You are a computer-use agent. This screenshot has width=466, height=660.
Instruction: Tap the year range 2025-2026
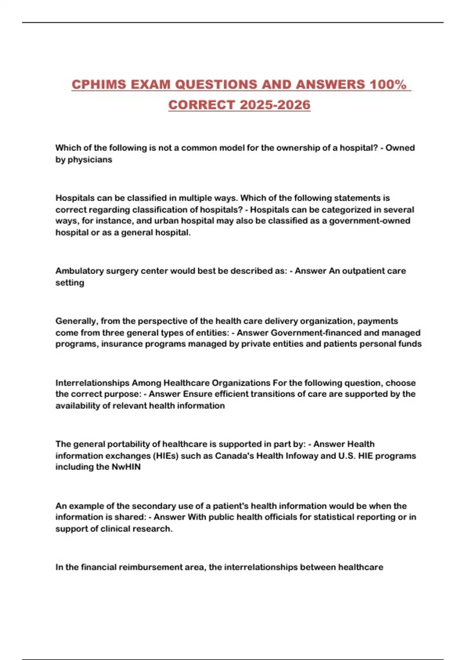coord(275,105)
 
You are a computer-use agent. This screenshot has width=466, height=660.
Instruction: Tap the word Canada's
coord(233,456)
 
